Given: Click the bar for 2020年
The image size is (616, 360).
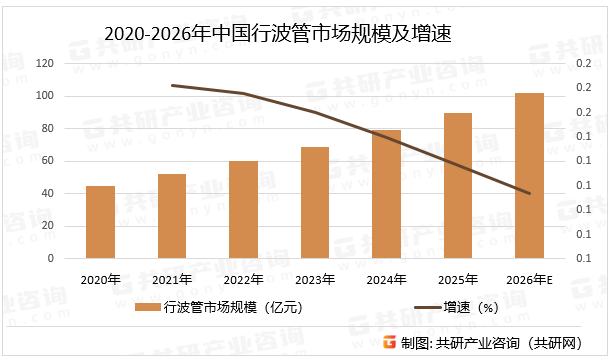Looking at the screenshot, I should [x=100, y=222].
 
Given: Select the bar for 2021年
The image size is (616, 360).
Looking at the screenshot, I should [x=172, y=216].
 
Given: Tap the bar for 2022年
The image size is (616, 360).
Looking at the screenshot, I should [x=243, y=210].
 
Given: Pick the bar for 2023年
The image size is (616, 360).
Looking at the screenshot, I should [x=315, y=203].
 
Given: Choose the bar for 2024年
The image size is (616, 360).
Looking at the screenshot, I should [x=386, y=194].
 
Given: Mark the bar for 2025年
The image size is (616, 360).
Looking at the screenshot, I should [x=458, y=186].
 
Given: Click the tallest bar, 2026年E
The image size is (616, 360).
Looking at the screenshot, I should [x=529, y=176].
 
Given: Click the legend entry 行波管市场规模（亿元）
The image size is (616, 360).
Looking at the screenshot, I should [x=222, y=308].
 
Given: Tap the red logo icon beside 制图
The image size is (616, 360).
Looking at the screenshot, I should [x=388, y=342].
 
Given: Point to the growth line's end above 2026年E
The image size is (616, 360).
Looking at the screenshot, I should [x=529, y=193].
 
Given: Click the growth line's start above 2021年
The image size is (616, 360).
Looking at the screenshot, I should [x=172, y=86].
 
